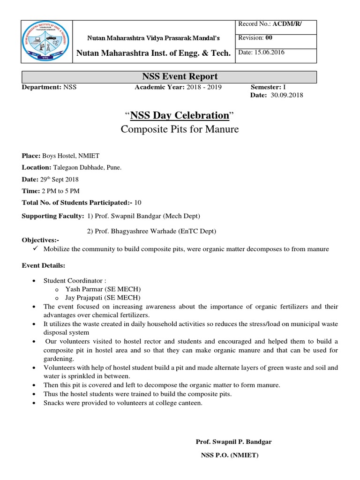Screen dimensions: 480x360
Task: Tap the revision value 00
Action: (269, 38)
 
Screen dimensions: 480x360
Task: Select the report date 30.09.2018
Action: (287, 95)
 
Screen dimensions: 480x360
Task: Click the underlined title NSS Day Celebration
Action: (179, 115)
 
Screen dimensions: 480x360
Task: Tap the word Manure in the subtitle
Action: (223, 129)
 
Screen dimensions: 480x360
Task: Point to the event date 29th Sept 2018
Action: (60, 179)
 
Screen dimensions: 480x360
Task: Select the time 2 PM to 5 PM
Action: (60, 191)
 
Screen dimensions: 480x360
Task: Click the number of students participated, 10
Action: (137, 202)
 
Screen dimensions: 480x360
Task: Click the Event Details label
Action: (42, 265)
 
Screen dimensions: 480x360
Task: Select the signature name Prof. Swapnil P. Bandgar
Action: (233, 442)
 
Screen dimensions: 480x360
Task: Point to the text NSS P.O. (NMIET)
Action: (230, 455)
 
